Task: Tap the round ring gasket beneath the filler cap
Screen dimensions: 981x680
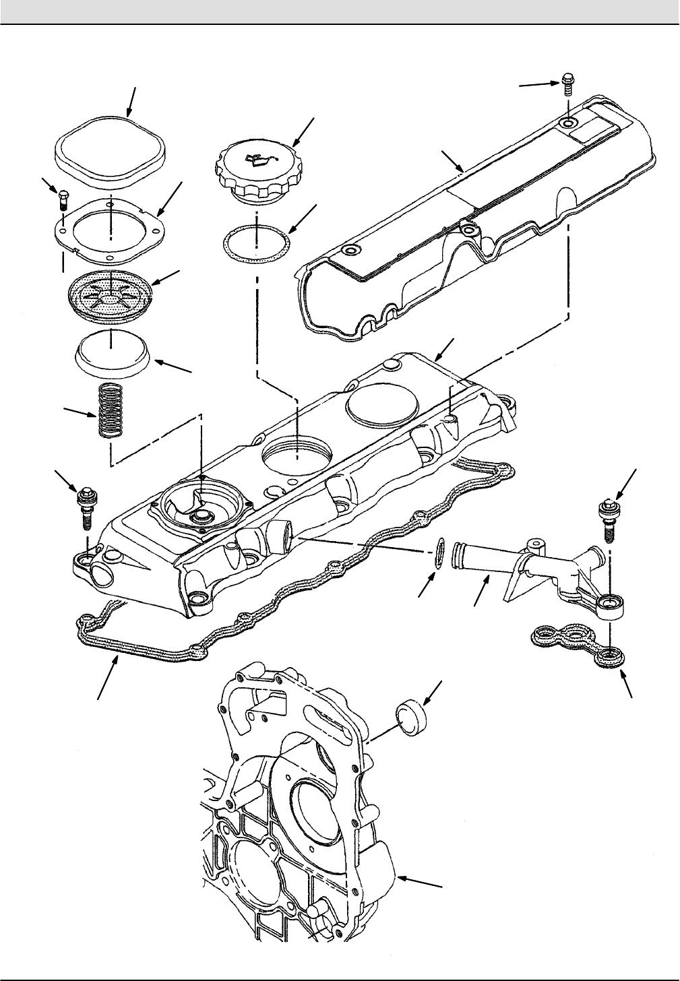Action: pyautogui.click(x=257, y=241)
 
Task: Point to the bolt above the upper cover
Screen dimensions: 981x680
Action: pyautogui.click(x=568, y=86)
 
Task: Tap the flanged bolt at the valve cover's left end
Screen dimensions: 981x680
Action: pyautogui.click(x=87, y=506)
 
